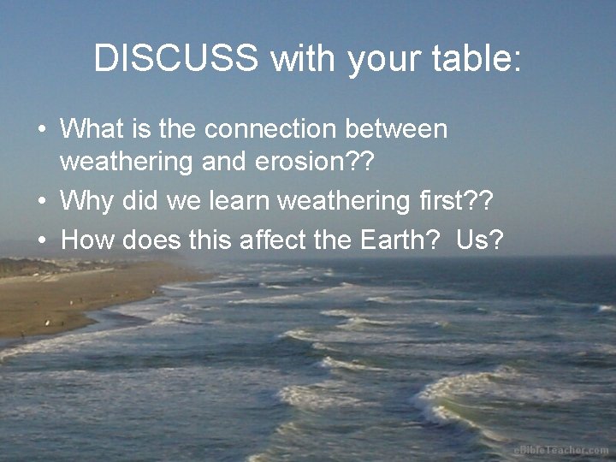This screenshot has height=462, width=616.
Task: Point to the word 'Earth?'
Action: click(x=395, y=240)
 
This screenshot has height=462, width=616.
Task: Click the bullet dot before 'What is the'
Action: click(x=41, y=131)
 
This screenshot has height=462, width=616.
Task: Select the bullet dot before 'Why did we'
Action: click(x=41, y=203)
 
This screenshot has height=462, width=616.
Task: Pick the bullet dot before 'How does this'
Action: click(x=41, y=241)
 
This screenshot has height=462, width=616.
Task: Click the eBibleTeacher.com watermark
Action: click(x=561, y=450)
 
